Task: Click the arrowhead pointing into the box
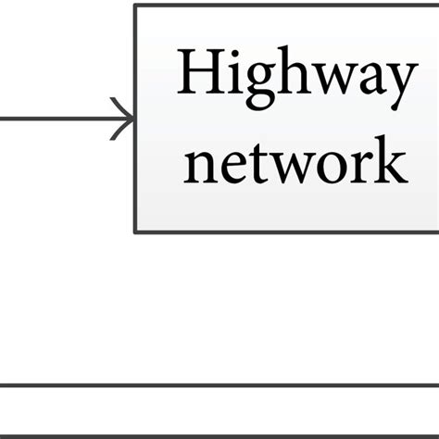coord(126,118)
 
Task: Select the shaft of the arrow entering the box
coord(56,118)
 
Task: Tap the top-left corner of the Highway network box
coord(136,6)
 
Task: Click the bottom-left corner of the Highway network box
coord(136,232)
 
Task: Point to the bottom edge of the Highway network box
coord(287,232)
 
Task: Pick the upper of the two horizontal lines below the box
coord(219,384)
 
